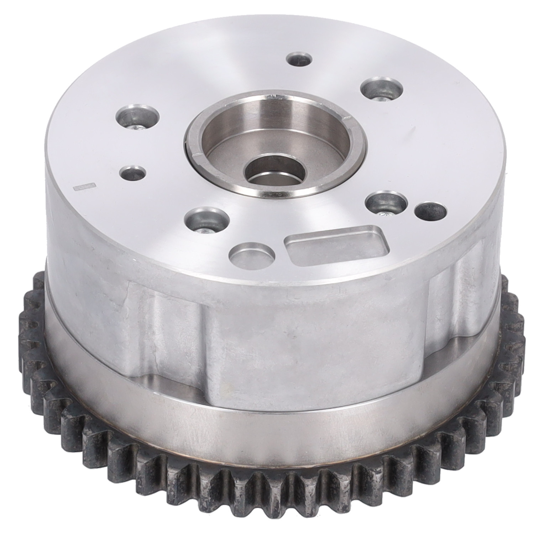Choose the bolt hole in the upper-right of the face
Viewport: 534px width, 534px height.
coord(382,87)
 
